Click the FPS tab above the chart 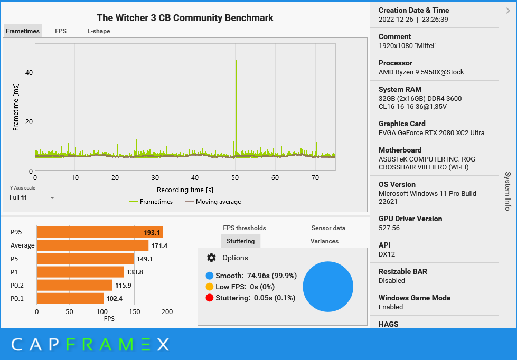click(x=61, y=31)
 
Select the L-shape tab click(x=99, y=31)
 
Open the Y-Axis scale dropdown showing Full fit click(x=32, y=198)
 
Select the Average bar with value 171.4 click(x=92, y=245)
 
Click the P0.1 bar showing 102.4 click(x=70, y=299)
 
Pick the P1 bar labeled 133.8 click(x=80, y=272)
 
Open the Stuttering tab click(x=240, y=241)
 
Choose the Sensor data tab click(x=328, y=228)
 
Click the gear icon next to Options click(x=211, y=258)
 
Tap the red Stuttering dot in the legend click(x=210, y=298)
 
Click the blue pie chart click(x=328, y=287)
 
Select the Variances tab click(x=324, y=241)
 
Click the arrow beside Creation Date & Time click(x=508, y=10)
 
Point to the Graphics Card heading click(x=402, y=124)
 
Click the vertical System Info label click(x=507, y=191)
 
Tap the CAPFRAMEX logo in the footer click(x=90, y=345)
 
